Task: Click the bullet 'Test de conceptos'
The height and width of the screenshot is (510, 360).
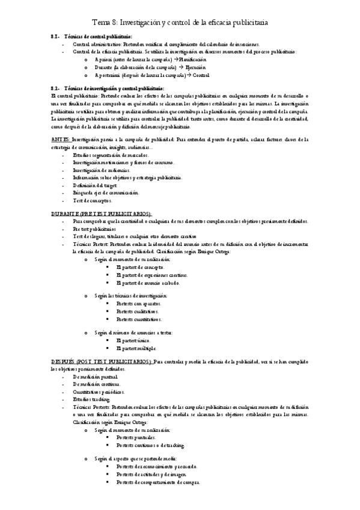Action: point(94,200)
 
